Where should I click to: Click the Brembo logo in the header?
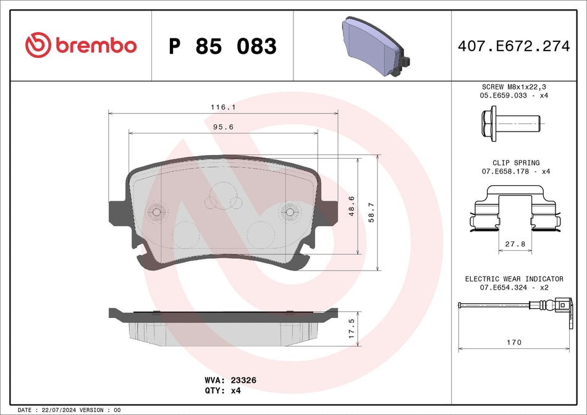click(x=80, y=45)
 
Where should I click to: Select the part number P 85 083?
click(x=222, y=46)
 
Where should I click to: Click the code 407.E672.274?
click(x=513, y=46)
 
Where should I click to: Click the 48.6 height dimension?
click(x=352, y=206)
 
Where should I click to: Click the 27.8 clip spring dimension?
click(x=515, y=245)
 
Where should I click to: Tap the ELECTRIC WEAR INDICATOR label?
click(x=513, y=279)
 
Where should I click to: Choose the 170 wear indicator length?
click(x=514, y=342)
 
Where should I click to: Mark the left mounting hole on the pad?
click(x=156, y=212)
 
